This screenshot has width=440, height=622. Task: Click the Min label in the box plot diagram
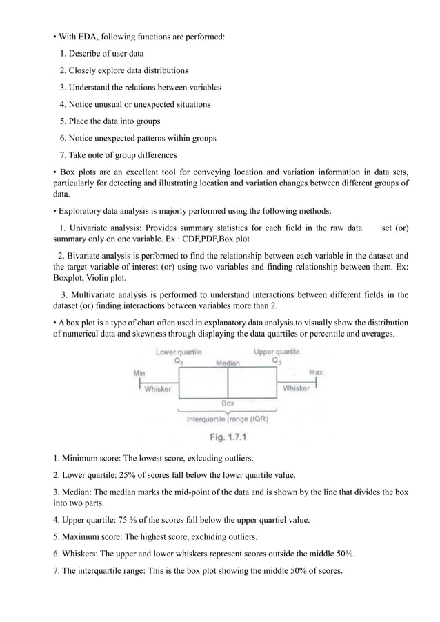(x=138, y=372)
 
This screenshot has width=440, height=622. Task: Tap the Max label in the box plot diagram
(x=316, y=372)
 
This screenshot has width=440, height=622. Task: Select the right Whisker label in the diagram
(x=297, y=389)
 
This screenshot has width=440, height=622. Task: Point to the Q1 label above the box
(x=178, y=360)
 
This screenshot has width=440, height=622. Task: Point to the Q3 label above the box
(x=277, y=360)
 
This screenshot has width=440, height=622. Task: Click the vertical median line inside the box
(x=228, y=383)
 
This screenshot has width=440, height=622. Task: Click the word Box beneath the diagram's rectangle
(x=228, y=403)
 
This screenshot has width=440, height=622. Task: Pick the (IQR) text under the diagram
(x=259, y=418)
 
